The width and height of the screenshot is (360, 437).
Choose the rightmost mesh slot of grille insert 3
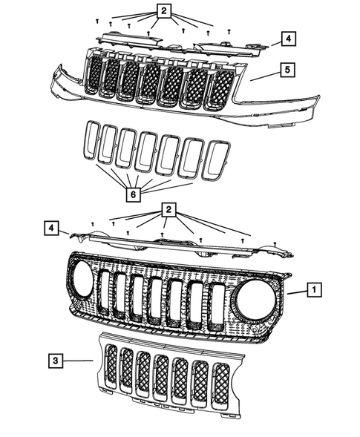(x=223, y=385)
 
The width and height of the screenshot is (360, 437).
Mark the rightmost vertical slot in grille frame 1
(x=217, y=306)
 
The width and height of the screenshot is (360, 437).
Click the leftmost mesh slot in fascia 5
(x=92, y=73)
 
